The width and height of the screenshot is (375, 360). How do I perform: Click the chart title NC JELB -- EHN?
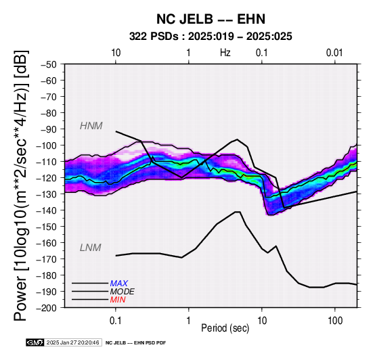click(211, 19)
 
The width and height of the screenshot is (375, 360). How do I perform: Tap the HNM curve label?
click(91, 126)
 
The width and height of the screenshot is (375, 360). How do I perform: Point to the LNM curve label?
click(91, 248)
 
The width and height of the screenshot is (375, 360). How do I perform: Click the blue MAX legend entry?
click(119, 284)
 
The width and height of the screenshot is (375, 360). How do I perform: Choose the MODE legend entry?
click(123, 292)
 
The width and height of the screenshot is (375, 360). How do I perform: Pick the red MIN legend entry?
click(118, 300)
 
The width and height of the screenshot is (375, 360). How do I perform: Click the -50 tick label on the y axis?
click(49, 64)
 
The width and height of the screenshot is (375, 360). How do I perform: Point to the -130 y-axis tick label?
click(47, 194)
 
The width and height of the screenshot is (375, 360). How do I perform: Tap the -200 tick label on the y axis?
click(47, 308)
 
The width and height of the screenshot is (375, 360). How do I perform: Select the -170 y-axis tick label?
click(47, 259)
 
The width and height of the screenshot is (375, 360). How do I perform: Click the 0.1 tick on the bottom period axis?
click(116, 321)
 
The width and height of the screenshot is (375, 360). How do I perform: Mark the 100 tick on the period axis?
click(335, 321)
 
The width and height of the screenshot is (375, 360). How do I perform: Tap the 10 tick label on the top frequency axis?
click(116, 53)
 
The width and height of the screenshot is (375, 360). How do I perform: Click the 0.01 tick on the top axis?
click(334, 53)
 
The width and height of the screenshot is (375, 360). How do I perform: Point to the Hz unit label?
click(225, 53)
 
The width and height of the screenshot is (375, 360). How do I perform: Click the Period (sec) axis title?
click(225, 328)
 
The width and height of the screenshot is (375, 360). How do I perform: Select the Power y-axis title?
click(21, 185)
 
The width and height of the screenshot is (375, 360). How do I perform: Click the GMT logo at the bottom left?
click(35, 342)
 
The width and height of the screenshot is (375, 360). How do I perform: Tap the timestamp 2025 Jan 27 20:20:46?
click(72, 342)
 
